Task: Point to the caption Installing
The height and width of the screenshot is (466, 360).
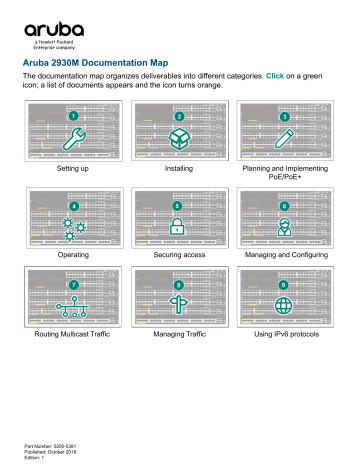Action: point(179,171)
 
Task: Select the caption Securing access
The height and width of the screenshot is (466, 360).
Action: point(179,255)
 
